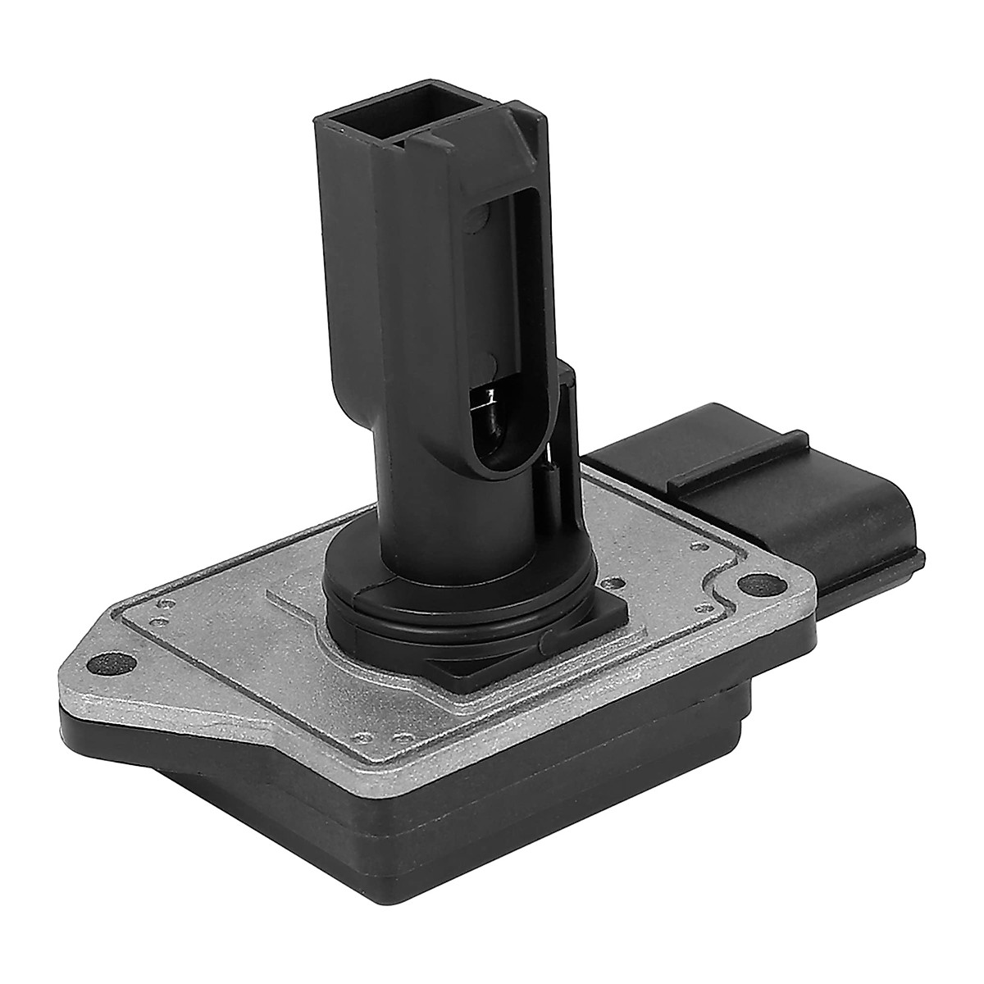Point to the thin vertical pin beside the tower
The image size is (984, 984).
(548, 467)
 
